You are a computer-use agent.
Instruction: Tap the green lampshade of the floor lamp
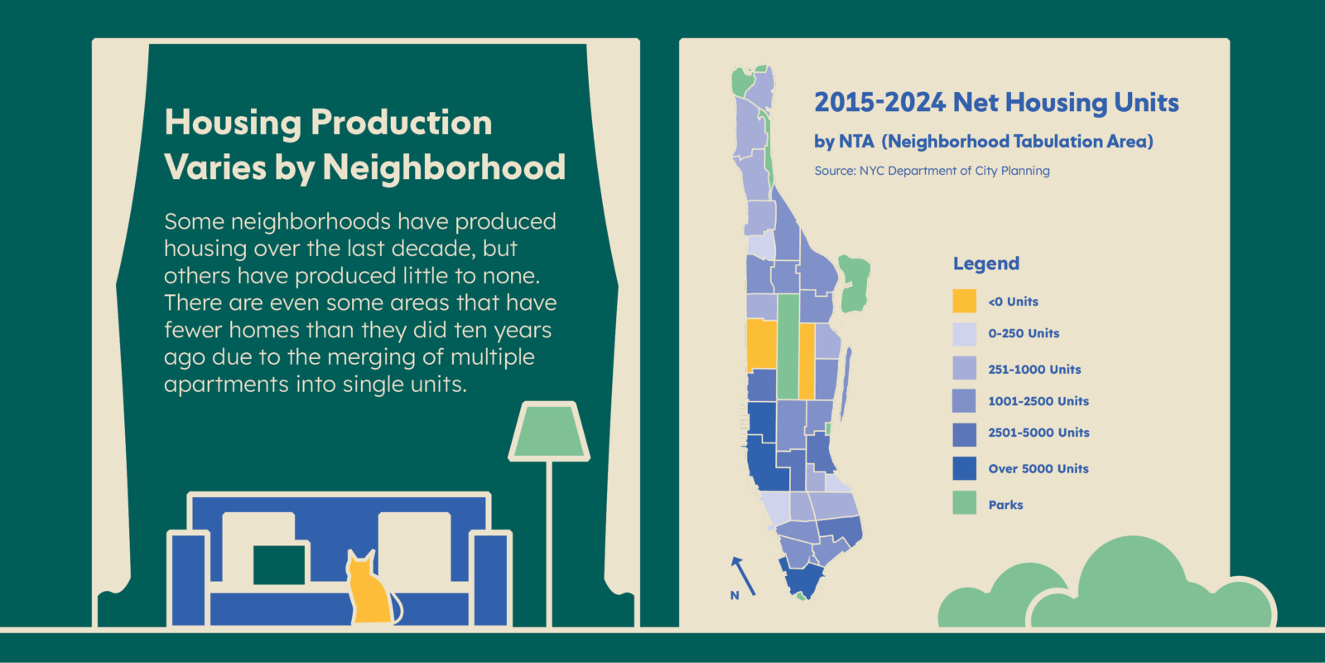(549, 431)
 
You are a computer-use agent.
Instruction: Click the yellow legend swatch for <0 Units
(964, 301)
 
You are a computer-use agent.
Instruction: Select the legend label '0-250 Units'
(1024, 333)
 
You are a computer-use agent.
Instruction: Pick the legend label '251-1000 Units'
(1034, 370)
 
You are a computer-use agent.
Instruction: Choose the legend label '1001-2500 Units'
(1038, 401)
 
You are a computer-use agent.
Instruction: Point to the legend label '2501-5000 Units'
(1038, 433)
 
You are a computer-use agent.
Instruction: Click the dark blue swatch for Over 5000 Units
(964, 468)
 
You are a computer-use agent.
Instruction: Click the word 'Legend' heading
(986, 264)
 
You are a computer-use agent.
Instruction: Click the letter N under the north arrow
(735, 596)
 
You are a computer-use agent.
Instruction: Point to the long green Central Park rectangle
(788, 346)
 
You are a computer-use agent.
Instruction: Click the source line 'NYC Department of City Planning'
(955, 171)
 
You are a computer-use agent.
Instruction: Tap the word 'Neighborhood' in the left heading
(444, 167)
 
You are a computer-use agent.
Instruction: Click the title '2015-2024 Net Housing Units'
(996, 103)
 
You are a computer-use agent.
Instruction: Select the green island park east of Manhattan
(854, 283)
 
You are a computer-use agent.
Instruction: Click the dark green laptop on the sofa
(279, 564)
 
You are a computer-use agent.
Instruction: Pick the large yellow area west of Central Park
(762, 345)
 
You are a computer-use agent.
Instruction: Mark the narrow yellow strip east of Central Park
(807, 361)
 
